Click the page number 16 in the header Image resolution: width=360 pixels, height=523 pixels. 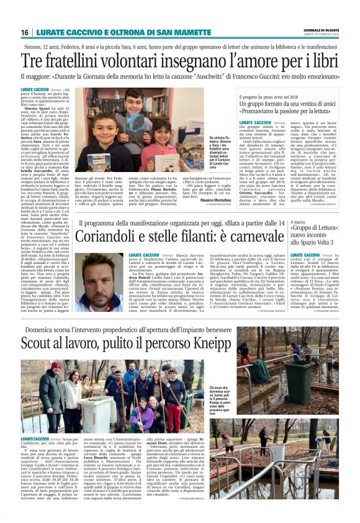pos(25,32)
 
